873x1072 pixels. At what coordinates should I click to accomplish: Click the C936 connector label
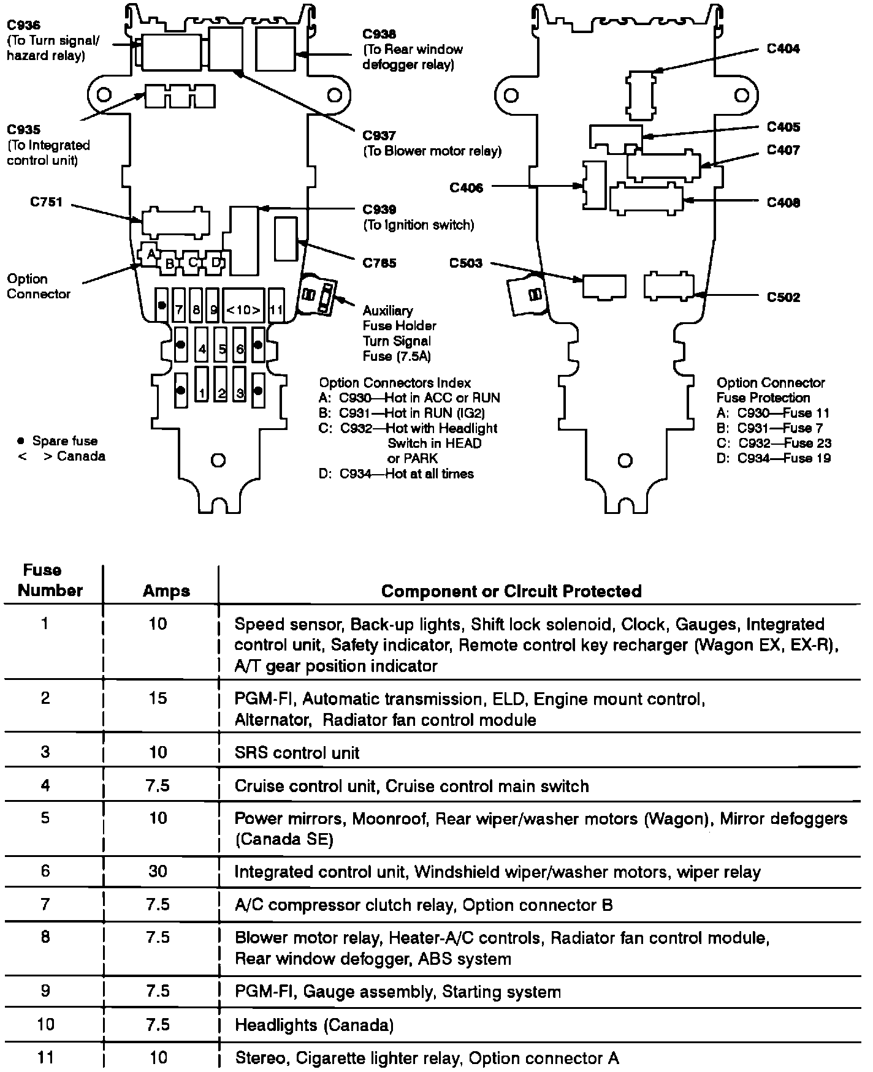(x=23, y=26)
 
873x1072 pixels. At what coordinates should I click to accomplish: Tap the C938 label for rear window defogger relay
(x=379, y=34)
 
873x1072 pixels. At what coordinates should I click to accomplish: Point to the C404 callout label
(x=783, y=48)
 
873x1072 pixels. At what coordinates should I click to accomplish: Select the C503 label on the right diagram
(x=466, y=263)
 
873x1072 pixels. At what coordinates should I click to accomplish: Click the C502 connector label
(x=783, y=298)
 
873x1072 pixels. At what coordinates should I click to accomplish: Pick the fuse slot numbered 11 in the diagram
(x=276, y=309)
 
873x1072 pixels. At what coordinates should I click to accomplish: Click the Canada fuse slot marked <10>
(x=243, y=309)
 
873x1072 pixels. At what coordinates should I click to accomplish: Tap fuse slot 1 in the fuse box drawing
(x=202, y=393)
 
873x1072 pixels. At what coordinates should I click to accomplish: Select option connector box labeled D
(x=215, y=262)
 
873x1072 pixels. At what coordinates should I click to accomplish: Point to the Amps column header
(x=166, y=591)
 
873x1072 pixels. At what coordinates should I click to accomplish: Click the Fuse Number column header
(x=50, y=580)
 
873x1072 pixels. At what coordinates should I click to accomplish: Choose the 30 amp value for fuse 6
(x=158, y=871)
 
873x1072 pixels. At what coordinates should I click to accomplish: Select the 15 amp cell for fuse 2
(x=158, y=698)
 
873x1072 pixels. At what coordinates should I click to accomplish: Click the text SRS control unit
(x=297, y=752)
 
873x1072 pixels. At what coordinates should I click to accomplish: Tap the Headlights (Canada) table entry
(x=314, y=1025)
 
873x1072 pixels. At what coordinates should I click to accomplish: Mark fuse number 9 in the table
(x=45, y=991)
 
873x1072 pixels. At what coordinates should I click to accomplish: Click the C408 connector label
(x=783, y=203)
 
